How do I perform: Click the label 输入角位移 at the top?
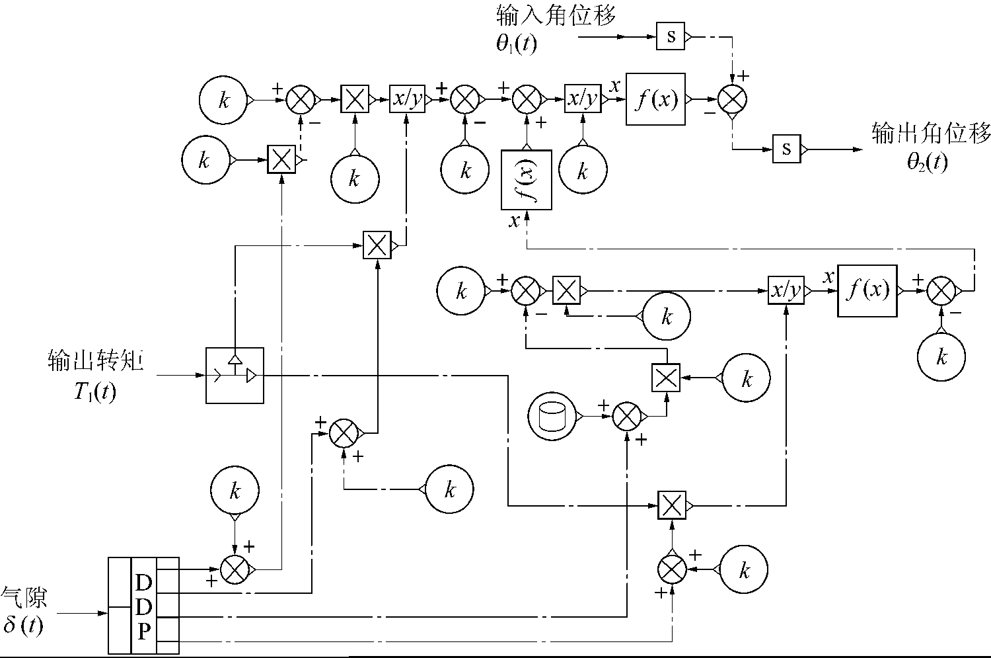(x=556, y=15)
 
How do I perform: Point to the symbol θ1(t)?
(x=517, y=44)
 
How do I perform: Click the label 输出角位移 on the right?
(x=932, y=134)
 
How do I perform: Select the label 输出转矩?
(x=96, y=361)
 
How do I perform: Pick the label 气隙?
(x=24, y=598)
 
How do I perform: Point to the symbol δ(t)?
(x=24, y=624)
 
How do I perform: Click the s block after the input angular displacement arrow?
(x=671, y=36)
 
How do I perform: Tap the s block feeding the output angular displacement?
(x=786, y=149)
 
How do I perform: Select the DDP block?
(x=143, y=605)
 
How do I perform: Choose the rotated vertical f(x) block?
(x=526, y=180)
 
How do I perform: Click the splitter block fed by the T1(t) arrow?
(x=235, y=375)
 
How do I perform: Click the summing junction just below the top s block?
(x=732, y=100)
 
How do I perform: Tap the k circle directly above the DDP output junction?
(x=235, y=491)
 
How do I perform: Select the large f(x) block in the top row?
(x=655, y=100)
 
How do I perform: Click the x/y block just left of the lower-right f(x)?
(x=786, y=290)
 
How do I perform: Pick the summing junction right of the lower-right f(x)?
(x=941, y=290)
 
